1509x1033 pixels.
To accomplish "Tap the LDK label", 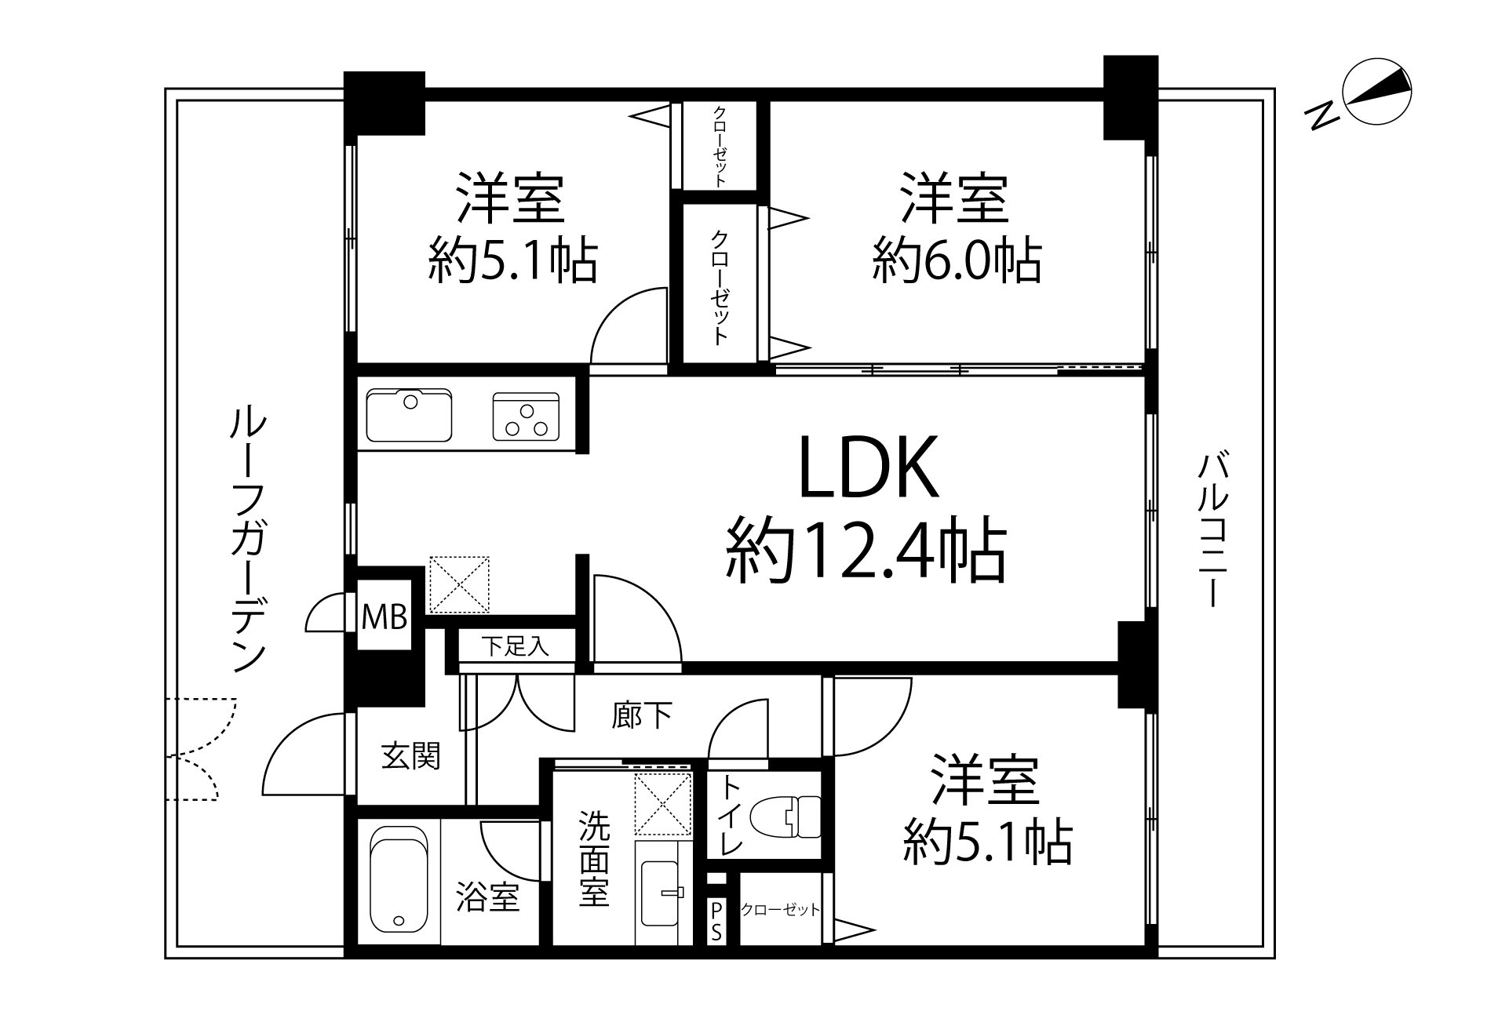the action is pos(869,467).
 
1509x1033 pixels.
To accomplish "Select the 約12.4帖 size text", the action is pos(866,551).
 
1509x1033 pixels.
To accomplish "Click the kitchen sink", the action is pos(409,414).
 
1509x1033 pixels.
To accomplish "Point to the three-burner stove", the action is pos(527,416).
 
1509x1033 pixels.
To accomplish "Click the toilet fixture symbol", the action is pos(785,817).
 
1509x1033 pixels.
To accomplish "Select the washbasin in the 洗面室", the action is pos(660,892).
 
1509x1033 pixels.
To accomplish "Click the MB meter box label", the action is pos(385,617).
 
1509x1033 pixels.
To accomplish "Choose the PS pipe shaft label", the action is pos(716,921).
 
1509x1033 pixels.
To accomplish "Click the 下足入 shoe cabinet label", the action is pos(515,646).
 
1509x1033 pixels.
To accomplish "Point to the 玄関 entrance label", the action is pos(410,756).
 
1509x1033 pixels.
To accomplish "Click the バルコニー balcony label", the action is pos(1212,529).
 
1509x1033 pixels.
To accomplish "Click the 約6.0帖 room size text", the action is pos(957,261).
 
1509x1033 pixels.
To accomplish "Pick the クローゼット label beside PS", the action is pos(780,909).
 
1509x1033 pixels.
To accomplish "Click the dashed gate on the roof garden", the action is pos(202,749).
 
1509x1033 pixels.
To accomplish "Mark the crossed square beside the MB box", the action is pos(459,584).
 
